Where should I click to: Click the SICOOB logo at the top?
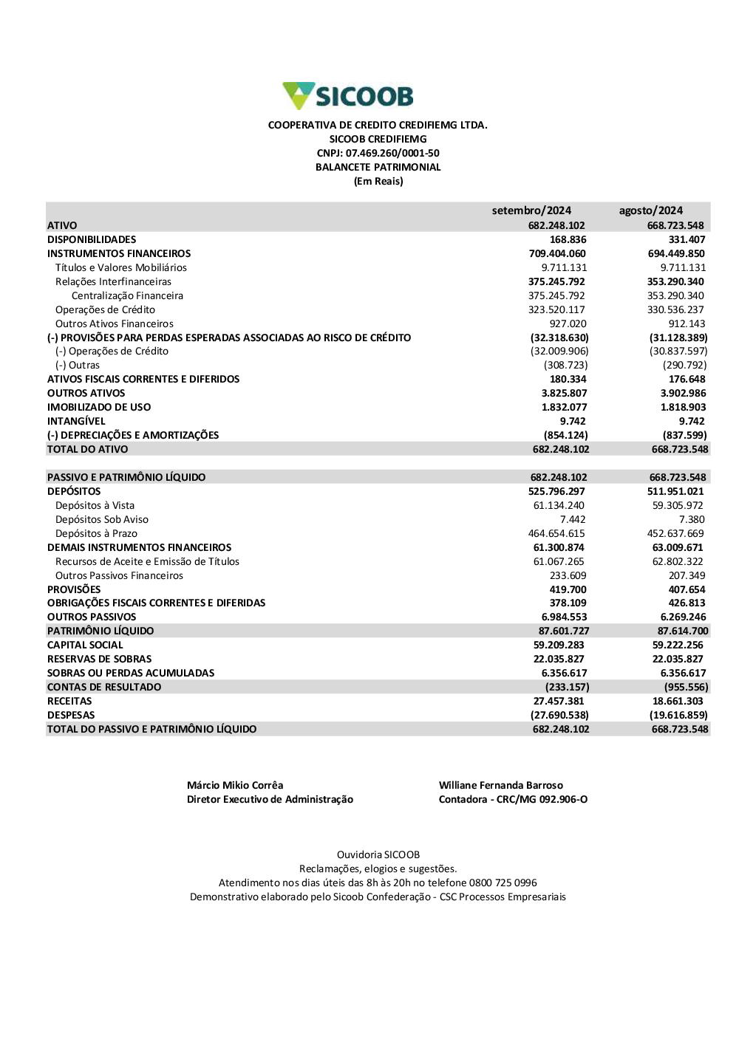348,96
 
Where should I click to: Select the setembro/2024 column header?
531,210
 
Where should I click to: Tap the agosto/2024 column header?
650,210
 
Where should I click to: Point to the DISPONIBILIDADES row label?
92,239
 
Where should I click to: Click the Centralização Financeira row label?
127,295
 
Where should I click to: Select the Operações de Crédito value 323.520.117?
556,309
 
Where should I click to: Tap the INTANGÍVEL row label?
76,421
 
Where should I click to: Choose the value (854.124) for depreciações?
565,435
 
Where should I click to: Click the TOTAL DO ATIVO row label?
87,449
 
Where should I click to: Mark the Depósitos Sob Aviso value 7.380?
692,519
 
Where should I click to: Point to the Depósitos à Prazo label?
96,533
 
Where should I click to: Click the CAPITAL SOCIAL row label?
85,645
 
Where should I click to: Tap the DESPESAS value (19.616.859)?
678,715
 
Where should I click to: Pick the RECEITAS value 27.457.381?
559,701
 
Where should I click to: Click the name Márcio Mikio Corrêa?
235,785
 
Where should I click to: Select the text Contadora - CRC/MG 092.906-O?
513,799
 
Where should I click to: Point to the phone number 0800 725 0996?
503,883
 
